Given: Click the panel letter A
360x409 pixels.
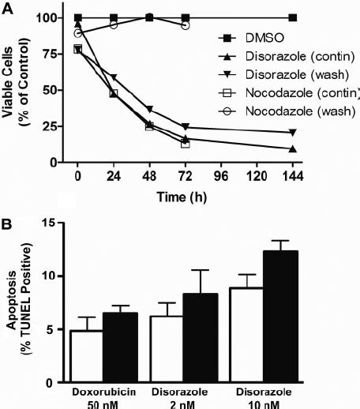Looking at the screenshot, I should pyautogui.click(x=7, y=7).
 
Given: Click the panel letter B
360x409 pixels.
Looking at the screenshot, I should pyautogui.click(x=7, y=216).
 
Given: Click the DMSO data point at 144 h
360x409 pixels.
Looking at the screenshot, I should pyautogui.click(x=293, y=17).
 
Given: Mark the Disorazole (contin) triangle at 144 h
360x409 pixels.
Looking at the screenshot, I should pyautogui.click(x=293, y=148).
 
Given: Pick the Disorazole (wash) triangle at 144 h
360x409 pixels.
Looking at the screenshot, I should pyautogui.click(x=293, y=133).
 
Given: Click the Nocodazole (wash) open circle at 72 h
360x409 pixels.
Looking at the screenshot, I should pyautogui.click(x=186, y=25).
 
